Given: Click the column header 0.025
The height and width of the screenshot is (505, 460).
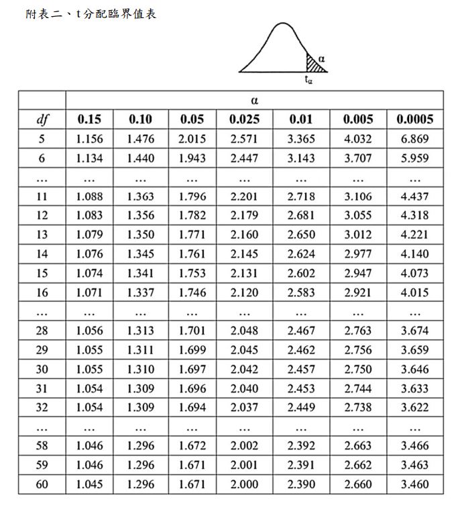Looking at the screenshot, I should coord(245,119).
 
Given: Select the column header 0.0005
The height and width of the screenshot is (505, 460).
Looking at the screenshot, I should coord(415,119).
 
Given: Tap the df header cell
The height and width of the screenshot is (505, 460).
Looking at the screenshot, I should coord(42,119).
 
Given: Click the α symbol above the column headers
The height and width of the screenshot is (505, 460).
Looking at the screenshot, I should coord(254,101).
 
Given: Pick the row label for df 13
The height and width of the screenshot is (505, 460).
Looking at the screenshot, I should coord(42,235).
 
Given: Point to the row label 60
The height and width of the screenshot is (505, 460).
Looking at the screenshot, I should coord(42,484).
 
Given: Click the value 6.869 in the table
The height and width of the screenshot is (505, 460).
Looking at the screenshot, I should coord(415,139).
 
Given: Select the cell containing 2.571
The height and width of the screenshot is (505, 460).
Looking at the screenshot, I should coord(245,139).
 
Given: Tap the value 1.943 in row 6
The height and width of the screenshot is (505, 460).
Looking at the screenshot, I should coord(192,159).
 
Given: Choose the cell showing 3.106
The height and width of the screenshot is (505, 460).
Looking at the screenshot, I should coord(357,197).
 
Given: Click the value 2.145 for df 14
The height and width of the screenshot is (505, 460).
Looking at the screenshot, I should coord(245,254).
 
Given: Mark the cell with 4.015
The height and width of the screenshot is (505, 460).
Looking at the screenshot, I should coord(415,292).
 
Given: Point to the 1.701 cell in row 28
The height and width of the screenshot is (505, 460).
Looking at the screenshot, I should coord(192,331).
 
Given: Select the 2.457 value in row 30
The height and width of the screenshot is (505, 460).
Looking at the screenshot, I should coord(300,369).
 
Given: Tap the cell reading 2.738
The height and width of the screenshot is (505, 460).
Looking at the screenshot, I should coord(357,407).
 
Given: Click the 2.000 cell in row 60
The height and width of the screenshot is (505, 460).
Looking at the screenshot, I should coord(245,484).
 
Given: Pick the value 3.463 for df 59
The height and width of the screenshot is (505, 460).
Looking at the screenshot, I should coord(415,465).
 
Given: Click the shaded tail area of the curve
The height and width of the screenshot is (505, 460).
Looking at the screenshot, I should coord(312,65).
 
